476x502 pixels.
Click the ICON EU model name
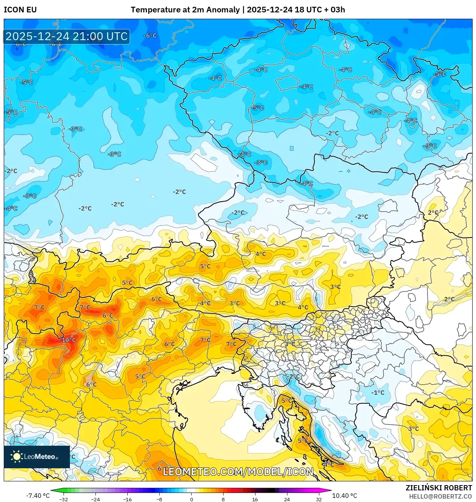coord(20,10)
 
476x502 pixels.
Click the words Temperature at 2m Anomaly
coord(185,10)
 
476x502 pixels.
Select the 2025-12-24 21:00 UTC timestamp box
coord(66,36)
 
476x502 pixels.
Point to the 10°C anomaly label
coord(69,340)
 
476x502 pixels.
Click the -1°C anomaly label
coord(378,392)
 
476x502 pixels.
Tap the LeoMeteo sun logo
coord(17,457)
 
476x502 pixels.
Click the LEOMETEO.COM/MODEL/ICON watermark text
coord(238,472)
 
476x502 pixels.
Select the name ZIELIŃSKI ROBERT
coord(438,488)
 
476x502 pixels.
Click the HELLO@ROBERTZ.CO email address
coord(440,496)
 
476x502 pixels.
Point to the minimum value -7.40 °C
coord(38,496)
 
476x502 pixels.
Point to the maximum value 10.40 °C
coord(345,496)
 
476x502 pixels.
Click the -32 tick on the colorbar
coord(64,499)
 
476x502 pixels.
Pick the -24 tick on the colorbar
coord(96,499)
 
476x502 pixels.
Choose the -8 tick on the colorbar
coord(159,499)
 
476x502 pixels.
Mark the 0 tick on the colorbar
coord(191,499)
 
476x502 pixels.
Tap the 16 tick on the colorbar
coord(255,499)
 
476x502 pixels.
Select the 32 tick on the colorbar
coord(319,499)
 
